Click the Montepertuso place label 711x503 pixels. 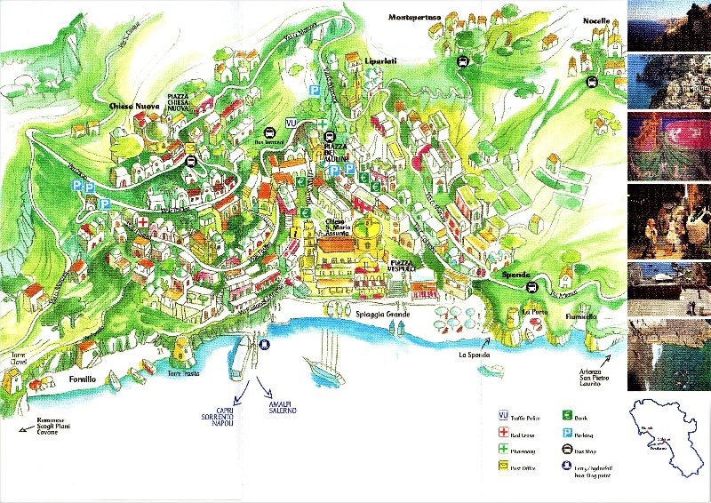pyautogui.click(x=420, y=16)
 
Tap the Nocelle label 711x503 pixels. pyautogui.click(x=596, y=20)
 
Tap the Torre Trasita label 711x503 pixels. pyautogui.click(x=185, y=374)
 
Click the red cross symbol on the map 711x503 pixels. pyautogui.click(x=141, y=220)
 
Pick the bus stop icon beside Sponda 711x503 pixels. pyautogui.click(x=531, y=287)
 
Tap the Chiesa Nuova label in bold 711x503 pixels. pyautogui.click(x=133, y=107)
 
